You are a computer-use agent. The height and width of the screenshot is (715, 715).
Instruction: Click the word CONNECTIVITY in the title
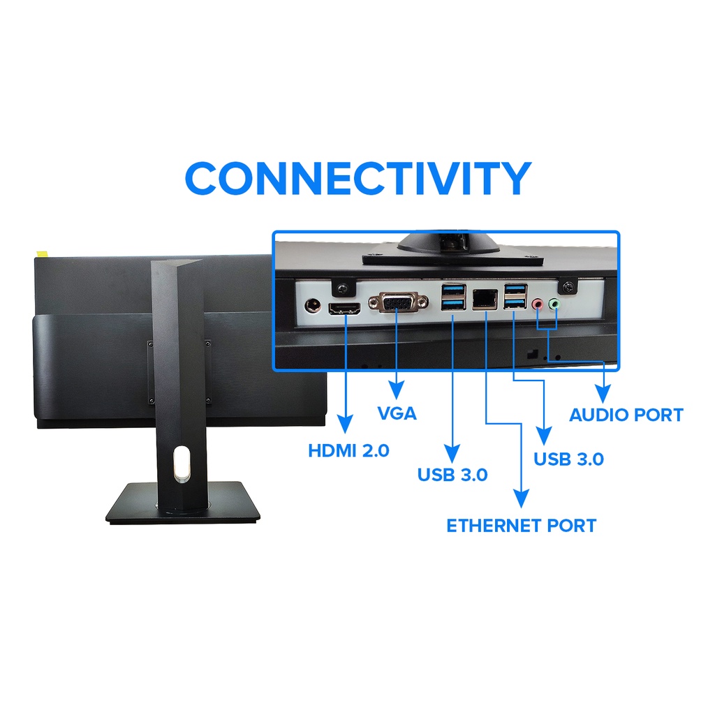(357, 179)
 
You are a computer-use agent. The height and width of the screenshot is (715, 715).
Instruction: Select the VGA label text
(397, 413)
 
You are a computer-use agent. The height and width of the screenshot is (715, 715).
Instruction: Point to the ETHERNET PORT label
(521, 525)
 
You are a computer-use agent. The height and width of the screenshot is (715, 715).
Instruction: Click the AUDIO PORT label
(626, 415)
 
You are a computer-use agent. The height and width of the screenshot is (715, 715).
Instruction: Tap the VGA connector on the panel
(397, 303)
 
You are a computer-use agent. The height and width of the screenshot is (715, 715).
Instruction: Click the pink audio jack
(538, 305)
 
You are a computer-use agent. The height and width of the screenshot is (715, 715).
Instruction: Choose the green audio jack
(555, 304)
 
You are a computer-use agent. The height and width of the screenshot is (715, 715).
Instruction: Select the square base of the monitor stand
(183, 504)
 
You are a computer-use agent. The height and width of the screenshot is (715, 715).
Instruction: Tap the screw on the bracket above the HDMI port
(344, 287)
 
